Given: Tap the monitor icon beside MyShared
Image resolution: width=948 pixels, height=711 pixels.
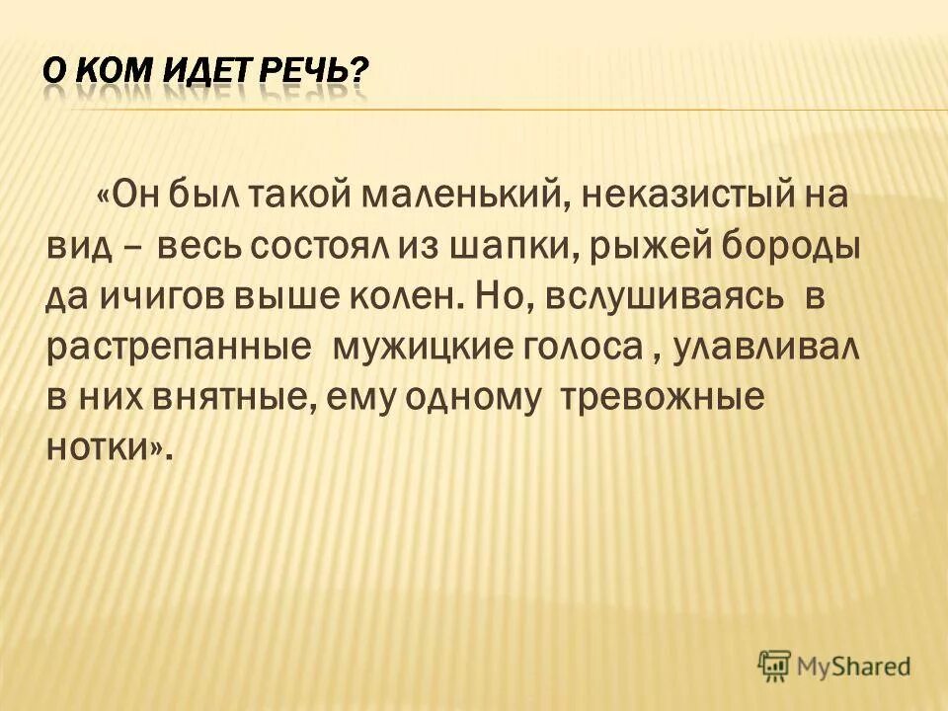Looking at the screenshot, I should coord(775,665).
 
